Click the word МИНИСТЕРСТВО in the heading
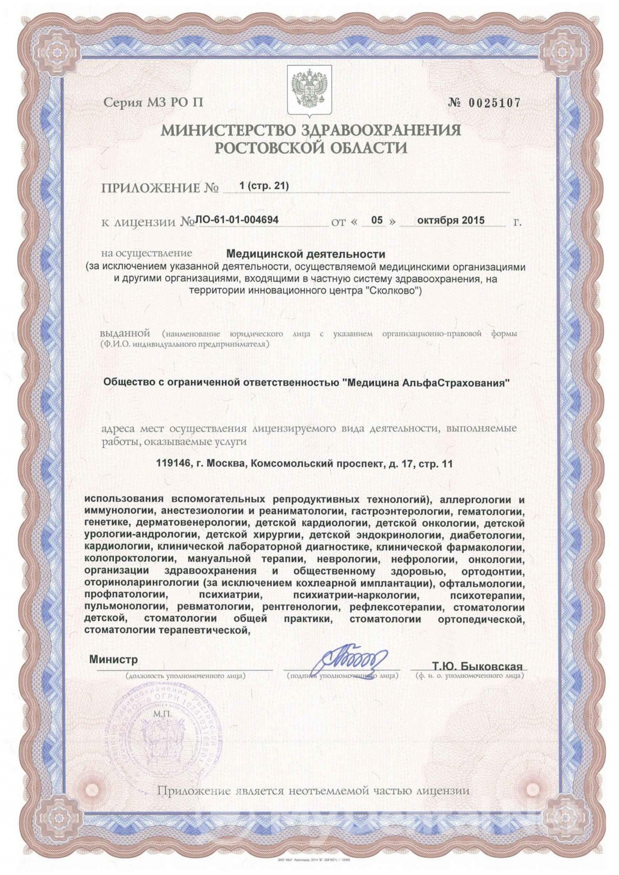[229, 130]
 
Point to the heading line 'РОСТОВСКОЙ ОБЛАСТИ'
[311, 147]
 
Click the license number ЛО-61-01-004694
[237, 220]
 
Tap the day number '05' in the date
[377, 220]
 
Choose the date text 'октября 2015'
[451, 220]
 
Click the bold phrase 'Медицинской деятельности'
[306, 254]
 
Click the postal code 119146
[170, 464]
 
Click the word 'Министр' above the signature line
[113, 660]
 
